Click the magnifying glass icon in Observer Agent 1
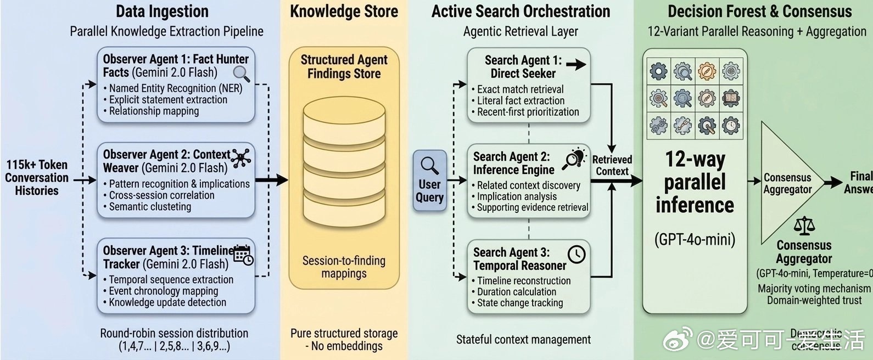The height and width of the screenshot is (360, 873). pos(241,73)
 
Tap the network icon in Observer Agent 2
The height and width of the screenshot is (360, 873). pos(240,157)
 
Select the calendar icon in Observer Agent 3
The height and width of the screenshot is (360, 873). pos(243,255)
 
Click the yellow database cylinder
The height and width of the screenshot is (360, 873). pos(344,165)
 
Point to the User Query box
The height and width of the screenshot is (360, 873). pos(429,181)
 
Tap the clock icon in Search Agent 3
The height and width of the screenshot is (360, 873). pos(577,254)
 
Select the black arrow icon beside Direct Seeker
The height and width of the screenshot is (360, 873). pos(575,65)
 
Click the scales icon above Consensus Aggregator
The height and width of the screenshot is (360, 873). pos(804,225)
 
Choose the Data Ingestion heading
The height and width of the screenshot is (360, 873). pos(162,12)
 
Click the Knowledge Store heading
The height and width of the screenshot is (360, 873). pos(344,12)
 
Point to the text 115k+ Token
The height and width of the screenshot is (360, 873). pos(37,165)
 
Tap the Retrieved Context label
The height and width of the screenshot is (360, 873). pos(612,165)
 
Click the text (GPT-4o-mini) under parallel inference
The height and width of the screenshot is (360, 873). pos(695,239)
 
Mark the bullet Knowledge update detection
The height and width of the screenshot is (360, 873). pos(167,302)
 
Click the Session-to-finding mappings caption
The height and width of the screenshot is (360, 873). pos(344,267)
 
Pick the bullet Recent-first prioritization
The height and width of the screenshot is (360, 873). pos(528,112)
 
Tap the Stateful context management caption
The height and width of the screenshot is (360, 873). pos(523,340)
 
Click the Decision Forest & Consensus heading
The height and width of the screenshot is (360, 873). pos(759,12)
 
